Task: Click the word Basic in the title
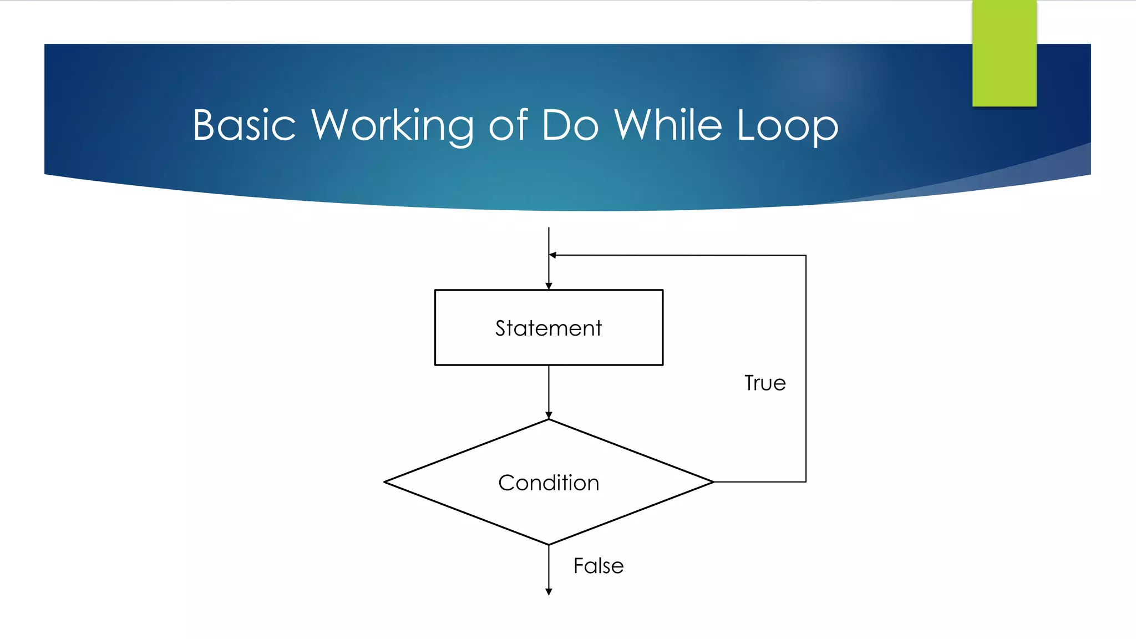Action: tap(244, 125)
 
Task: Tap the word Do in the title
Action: tap(570, 125)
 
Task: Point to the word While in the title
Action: tap(668, 125)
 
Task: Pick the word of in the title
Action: tap(508, 125)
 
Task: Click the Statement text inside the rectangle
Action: tap(549, 328)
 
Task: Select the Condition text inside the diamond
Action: tap(549, 483)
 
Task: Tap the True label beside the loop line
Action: tap(765, 383)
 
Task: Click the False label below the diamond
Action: tap(599, 566)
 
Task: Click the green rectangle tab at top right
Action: tap(1004, 53)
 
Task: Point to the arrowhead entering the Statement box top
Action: tap(549, 286)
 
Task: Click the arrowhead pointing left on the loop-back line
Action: tap(553, 255)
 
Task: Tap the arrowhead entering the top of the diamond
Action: tap(549, 415)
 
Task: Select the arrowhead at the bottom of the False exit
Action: tap(549, 592)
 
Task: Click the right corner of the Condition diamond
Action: tap(713, 482)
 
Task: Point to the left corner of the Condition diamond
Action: tap(385, 482)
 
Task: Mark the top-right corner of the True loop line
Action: tap(805, 256)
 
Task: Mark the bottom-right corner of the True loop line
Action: tap(805, 481)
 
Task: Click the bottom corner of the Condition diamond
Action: tap(549, 544)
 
